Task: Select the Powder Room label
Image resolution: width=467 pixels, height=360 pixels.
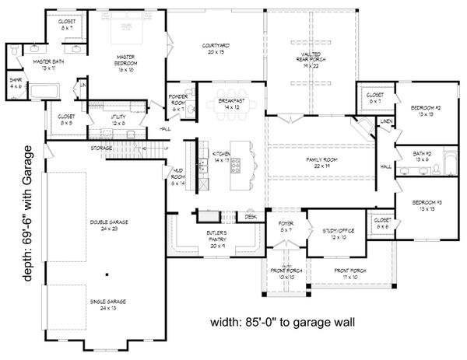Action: point(178,102)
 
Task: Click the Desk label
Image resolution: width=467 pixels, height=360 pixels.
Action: point(250,218)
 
